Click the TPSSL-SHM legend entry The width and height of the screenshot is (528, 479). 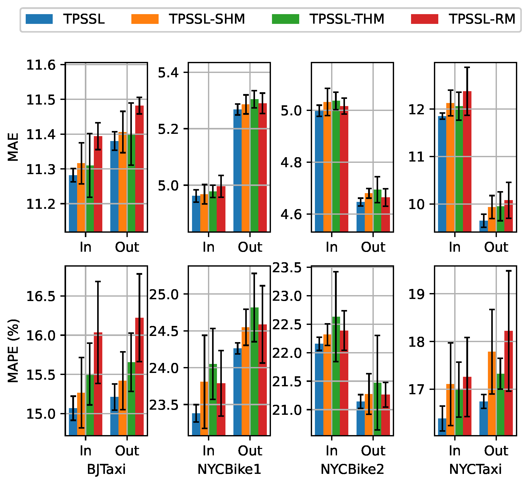[x=207, y=19]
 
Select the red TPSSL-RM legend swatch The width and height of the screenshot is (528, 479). [x=424, y=19]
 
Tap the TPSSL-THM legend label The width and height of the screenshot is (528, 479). [x=347, y=19]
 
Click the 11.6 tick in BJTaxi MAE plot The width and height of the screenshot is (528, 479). [x=38, y=65]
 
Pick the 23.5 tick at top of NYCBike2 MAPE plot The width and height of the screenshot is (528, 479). [x=287, y=268]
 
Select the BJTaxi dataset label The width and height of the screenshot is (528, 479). [x=106, y=469]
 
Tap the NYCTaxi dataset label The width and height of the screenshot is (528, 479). [x=475, y=469]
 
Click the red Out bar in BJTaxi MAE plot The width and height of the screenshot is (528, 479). [x=139, y=170]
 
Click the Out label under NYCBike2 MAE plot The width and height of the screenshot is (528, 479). [x=373, y=247]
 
